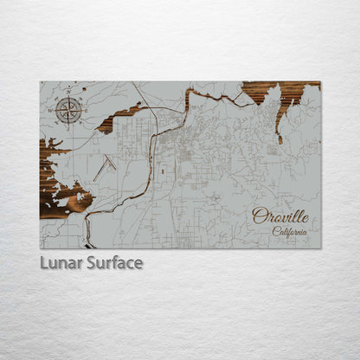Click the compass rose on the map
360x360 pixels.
click(x=69, y=111)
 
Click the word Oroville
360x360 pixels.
click(x=280, y=216)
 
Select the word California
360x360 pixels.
click(x=289, y=231)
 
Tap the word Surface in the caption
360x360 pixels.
click(x=112, y=263)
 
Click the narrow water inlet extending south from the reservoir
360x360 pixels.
click(x=279, y=125)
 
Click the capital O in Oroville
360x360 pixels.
click(x=258, y=216)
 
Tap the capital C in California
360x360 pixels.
click(x=276, y=231)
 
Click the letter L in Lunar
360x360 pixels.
click(x=44, y=263)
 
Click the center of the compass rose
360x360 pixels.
click(x=69, y=111)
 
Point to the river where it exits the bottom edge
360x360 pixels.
click(x=87, y=244)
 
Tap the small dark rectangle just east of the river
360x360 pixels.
click(x=162, y=170)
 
